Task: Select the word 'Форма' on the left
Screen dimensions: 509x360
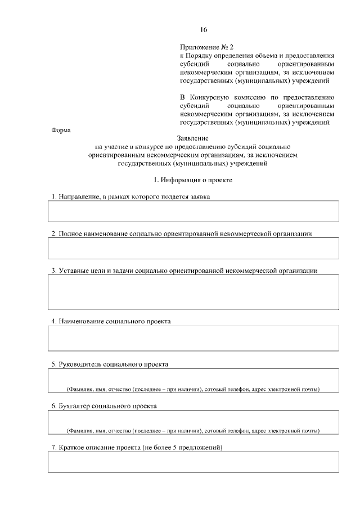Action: tap(61, 130)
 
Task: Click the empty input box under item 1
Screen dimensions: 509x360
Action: tap(193, 211)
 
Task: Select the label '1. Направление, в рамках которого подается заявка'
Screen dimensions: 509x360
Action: tap(131, 196)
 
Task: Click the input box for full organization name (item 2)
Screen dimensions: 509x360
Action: tap(193, 248)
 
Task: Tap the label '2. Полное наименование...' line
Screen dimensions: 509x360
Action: tap(181, 233)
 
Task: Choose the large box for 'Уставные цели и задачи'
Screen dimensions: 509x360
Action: tap(193, 292)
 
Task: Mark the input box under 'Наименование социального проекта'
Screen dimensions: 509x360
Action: tap(193, 338)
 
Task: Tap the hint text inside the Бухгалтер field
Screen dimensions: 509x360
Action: tap(193, 431)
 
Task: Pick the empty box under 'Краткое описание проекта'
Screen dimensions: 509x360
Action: tap(193, 462)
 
